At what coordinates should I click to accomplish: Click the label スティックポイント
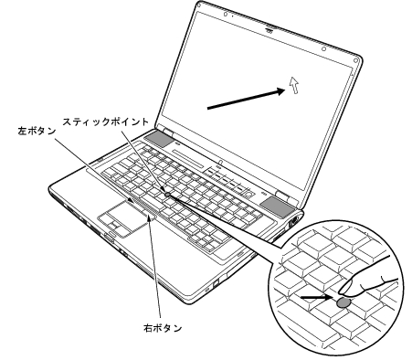click(x=100, y=120)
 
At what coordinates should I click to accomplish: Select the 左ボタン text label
click(x=37, y=131)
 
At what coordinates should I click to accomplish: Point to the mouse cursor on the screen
click(x=293, y=84)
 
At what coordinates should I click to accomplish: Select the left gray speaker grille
click(x=158, y=140)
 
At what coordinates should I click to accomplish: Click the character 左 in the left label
click(x=23, y=131)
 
